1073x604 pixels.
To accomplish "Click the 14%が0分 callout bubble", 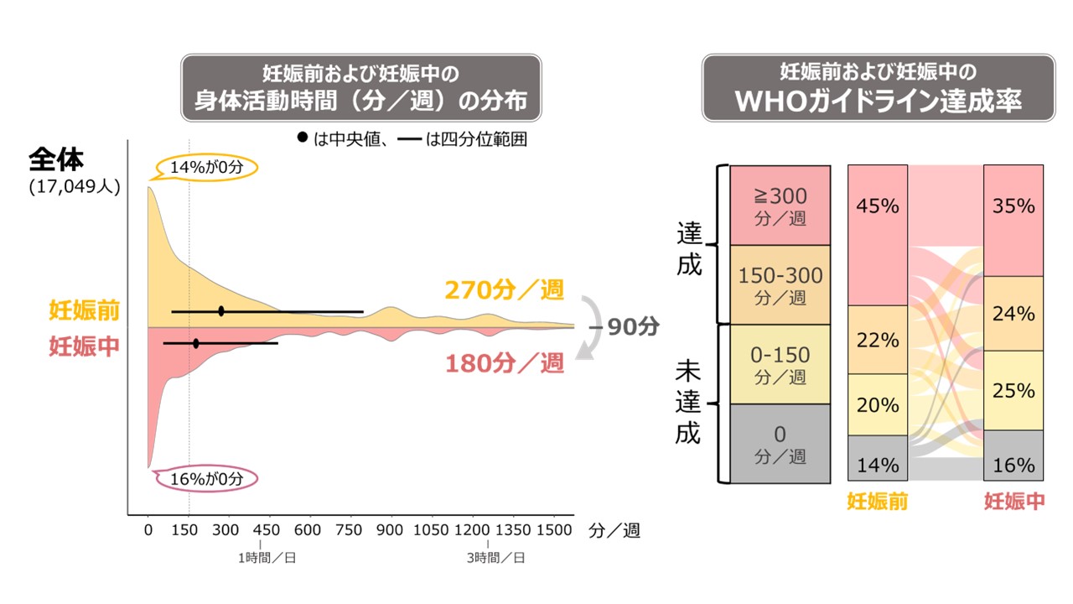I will coord(206,167).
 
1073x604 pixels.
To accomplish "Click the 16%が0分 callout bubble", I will coord(206,479).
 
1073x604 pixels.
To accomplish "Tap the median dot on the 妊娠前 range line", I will coord(221,311).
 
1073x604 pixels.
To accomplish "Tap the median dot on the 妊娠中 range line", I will coord(196,343).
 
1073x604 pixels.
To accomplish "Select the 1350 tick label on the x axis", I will coord(512,530).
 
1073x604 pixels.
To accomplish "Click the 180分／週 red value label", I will coord(504,363).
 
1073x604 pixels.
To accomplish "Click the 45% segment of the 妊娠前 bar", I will coord(878,235).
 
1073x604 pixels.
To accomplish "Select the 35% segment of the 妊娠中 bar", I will coord(1013,221).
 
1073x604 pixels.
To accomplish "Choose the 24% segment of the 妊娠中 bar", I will coord(1013,313).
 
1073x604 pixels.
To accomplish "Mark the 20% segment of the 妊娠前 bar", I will coord(878,404).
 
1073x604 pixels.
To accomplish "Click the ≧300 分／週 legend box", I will coord(780,205).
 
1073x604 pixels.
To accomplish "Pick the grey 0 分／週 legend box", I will coord(780,444).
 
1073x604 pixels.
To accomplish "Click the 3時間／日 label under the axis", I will coord(496,558).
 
